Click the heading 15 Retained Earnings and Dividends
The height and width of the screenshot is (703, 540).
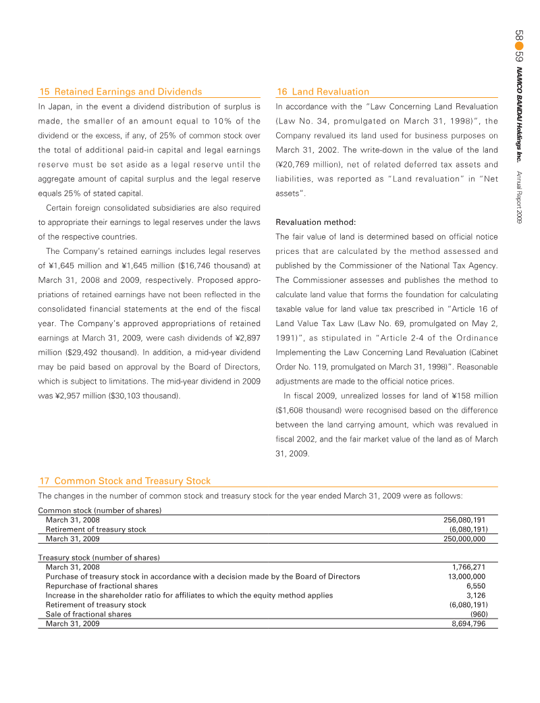120,91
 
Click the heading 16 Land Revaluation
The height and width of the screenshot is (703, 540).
323,91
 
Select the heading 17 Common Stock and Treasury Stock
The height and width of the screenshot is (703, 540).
125,481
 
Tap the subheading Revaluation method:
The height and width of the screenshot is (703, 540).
316,222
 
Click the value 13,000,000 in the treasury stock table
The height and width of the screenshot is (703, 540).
466,577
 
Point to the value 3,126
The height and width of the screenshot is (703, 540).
475,596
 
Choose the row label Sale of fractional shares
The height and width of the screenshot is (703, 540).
88,615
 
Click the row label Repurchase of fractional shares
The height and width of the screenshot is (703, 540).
101,586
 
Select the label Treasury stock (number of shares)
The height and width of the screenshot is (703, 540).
99,558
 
